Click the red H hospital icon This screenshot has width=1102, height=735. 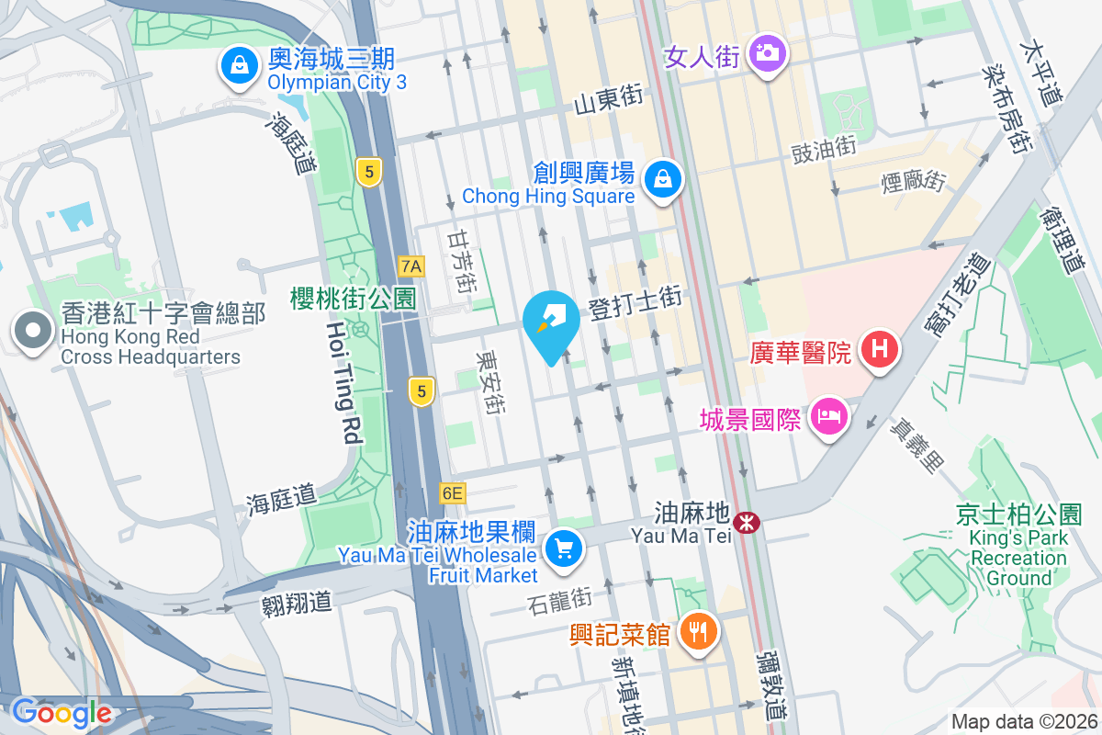(x=879, y=351)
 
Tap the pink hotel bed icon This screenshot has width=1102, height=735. (x=829, y=419)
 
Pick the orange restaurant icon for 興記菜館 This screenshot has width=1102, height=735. (x=699, y=634)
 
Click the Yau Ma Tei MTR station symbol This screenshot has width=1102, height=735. (x=749, y=523)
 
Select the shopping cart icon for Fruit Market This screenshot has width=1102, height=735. (x=563, y=550)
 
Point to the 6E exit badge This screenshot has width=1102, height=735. (x=453, y=493)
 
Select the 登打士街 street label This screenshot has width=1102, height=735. (x=635, y=302)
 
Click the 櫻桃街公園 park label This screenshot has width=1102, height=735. (x=354, y=298)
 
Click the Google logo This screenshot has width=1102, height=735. (x=61, y=713)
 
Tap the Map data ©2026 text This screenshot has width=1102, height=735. (x=1023, y=722)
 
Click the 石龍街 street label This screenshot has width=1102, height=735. (x=560, y=601)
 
